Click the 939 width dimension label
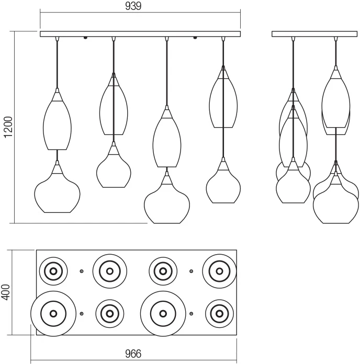pyautogui.click(x=133, y=6)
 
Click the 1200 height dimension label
pyautogui.click(x=8, y=127)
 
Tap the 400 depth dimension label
pyautogui.click(x=6, y=292)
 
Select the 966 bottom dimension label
pyautogui.click(x=133, y=354)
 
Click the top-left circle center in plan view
pyautogui.click(x=53, y=271)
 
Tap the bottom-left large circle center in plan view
pyautogui.click(x=53, y=314)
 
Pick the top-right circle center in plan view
pyautogui.click(x=219, y=271)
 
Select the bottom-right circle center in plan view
pyautogui.click(x=219, y=314)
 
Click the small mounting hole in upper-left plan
pyautogui.click(x=82, y=271)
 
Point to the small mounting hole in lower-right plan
pyautogui.click(x=191, y=314)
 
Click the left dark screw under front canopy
pyautogui.click(x=85, y=38)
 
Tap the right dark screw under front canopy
pyautogui.click(x=195, y=38)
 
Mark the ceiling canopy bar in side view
pyautogui.click(x=314, y=34)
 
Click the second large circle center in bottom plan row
pyautogui.click(x=163, y=314)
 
